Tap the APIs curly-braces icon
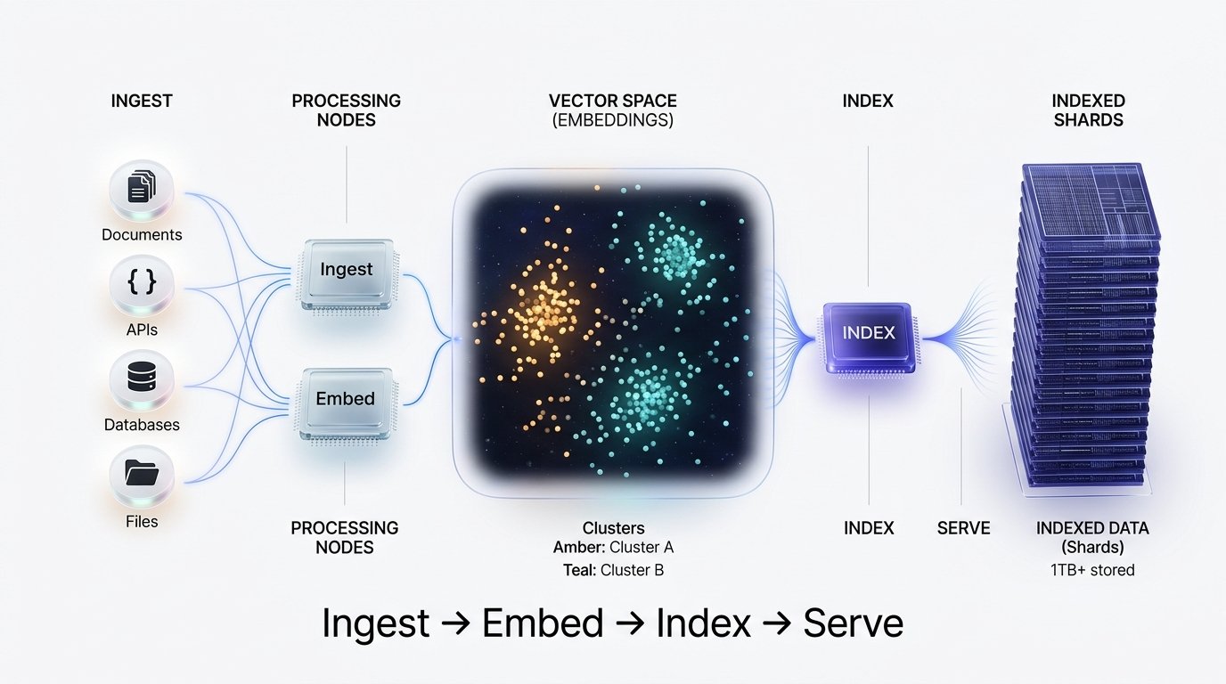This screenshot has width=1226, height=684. pos(141,283)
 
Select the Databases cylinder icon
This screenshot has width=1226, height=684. pos(141,379)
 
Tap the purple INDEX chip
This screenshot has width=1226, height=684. pos(868,335)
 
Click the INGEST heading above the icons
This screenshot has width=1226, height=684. pos(141,102)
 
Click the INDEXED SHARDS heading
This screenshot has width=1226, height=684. pos(1088,110)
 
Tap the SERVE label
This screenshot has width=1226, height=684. pos(963,528)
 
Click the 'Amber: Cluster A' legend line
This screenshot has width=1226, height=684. pos(613,548)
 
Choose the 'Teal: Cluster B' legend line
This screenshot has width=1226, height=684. pos(613,570)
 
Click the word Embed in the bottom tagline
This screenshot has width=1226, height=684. pos(543,623)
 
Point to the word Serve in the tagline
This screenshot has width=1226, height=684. pos(853,623)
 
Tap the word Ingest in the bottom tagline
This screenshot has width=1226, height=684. pos(375,623)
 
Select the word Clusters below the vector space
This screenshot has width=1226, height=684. pos(613,527)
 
